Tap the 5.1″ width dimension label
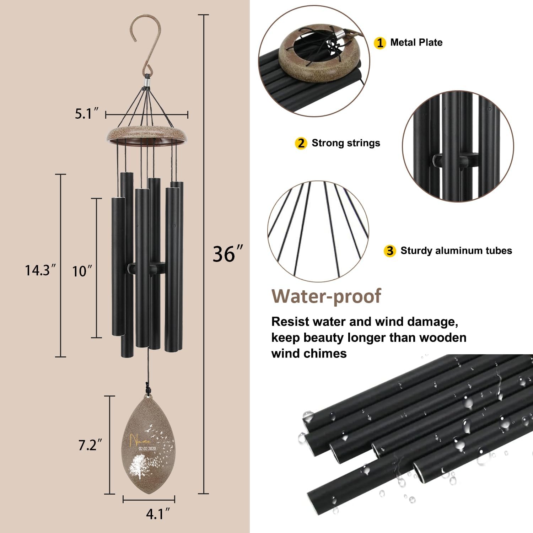click(x=84, y=114)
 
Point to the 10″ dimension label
click(x=82, y=271)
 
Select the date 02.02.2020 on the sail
click(x=147, y=449)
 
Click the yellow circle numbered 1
click(x=379, y=43)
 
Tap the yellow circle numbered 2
click(x=301, y=144)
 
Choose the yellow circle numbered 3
click(x=390, y=251)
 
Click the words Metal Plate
click(x=416, y=43)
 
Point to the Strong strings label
click(x=346, y=143)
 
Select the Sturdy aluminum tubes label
click(x=456, y=251)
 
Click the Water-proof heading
click(x=326, y=296)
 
